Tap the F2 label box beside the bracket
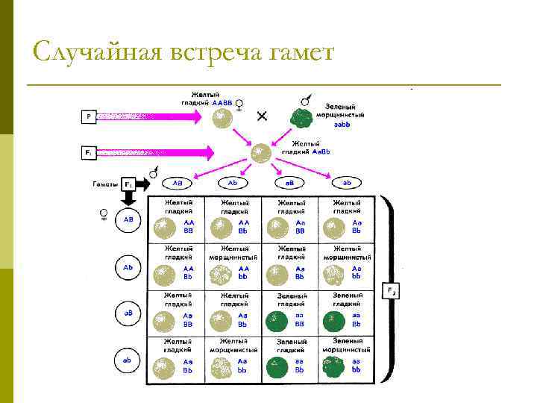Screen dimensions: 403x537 pos(391,290)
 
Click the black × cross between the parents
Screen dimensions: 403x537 pos(262,116)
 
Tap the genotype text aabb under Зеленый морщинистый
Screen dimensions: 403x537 pos(342,125)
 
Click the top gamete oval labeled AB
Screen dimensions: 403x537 pos(178,183)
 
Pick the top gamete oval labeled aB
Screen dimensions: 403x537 pos(290,183)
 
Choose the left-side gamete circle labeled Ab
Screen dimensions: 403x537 pos(128,266)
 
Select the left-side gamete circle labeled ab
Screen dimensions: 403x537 pos(128,360)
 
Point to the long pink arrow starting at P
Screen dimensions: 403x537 pos(149,116)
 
